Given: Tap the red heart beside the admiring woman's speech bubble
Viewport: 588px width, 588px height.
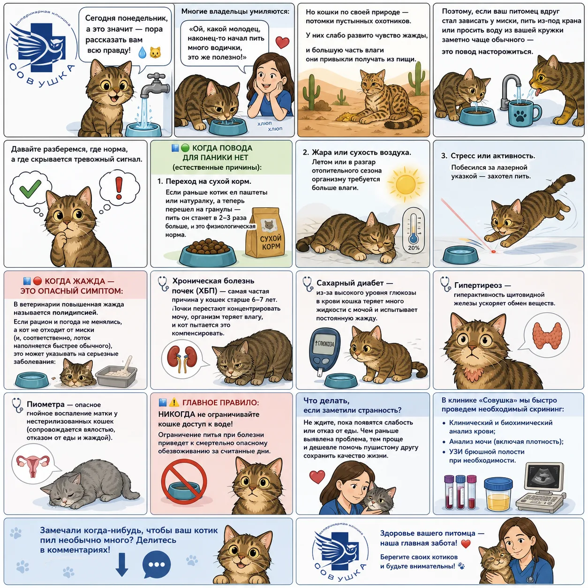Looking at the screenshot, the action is point(282,42).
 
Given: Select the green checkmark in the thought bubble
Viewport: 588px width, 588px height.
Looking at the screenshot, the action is point(30,188).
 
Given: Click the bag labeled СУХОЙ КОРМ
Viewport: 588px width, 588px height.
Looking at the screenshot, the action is point(265,233).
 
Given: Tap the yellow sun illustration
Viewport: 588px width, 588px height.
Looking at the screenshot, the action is point(405,184).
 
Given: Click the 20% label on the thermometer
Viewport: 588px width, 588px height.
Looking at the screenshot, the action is point(414,248).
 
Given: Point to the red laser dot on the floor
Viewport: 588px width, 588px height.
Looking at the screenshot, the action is point(493,252).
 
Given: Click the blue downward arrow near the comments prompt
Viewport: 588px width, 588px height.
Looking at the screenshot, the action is point(122,565).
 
